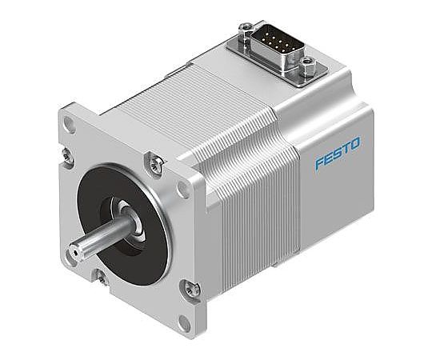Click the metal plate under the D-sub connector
pyautogui.click(x=272, y=60)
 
